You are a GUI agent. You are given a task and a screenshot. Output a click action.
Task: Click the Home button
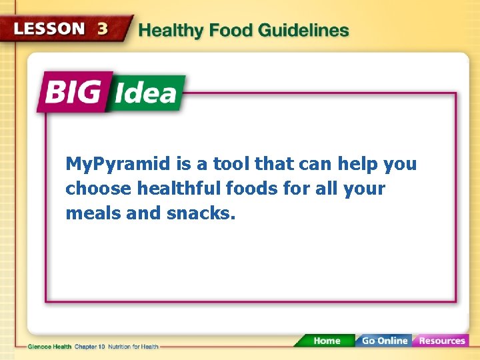tap(326, 341)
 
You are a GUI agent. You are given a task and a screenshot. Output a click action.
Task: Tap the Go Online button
tap(384, 341)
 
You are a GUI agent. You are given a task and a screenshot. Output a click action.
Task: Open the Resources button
tap(441, 341)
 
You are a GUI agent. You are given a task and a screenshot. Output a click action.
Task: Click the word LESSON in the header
tap(49, 29)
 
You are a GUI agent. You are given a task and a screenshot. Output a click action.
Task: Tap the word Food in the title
tap(230, 31)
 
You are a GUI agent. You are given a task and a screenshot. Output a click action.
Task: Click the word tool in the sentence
tap(230, 164)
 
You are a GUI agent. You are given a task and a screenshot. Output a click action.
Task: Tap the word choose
tap(99, 189)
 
